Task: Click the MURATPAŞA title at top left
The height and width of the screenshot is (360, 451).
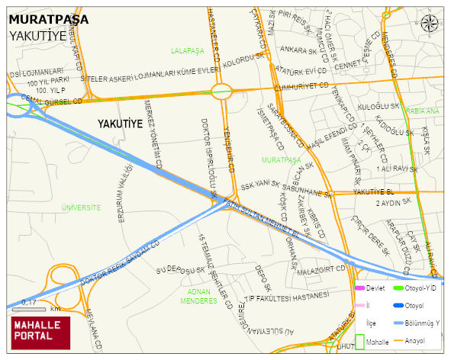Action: coord(48,18)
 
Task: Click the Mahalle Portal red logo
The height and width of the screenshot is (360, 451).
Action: coord(40,332)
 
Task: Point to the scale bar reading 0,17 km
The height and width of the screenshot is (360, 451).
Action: coord(35,309)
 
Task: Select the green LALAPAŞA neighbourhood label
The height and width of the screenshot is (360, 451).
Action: coord(188,50)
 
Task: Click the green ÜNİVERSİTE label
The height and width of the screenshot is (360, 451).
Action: coord(82,207)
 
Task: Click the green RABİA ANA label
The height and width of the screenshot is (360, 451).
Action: coord(423,111)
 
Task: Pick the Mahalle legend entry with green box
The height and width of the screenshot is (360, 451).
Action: coord(371,342)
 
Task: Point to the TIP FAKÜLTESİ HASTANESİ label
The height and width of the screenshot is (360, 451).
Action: coord(287,297)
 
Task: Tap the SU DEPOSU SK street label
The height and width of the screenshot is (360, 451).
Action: coord(180,270)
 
